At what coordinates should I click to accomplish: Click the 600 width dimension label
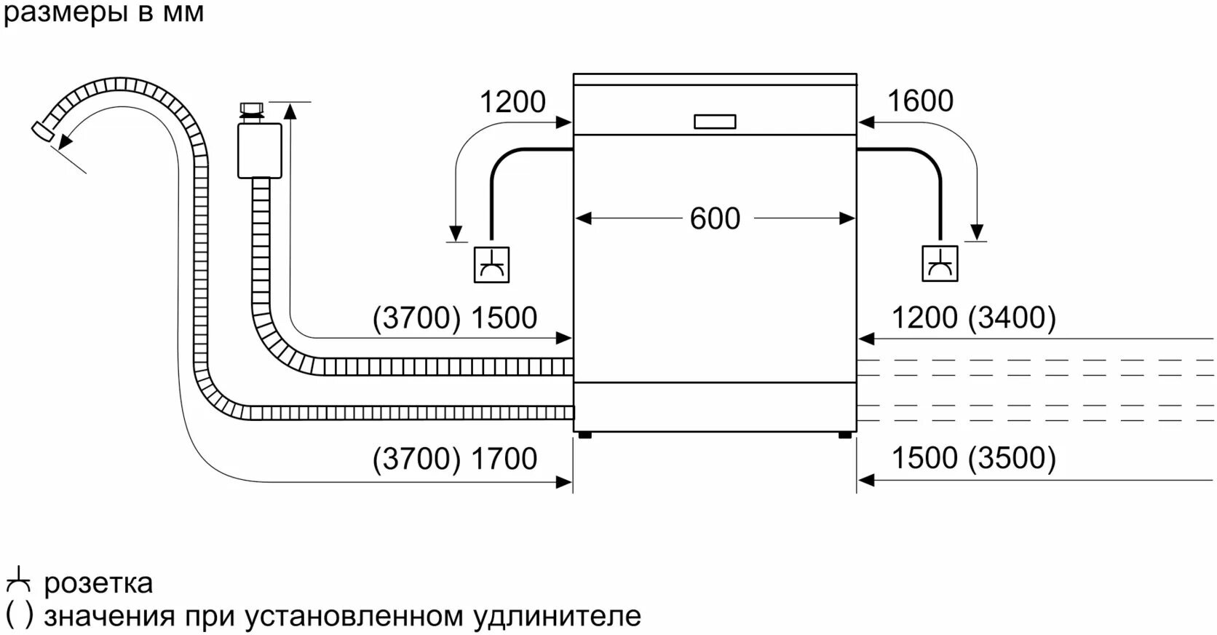[x=715, y=218]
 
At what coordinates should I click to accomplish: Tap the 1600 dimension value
[x=920, y=101]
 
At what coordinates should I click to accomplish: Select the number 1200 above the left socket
[x=512, y=102]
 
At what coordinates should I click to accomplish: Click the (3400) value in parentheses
[x=1013, y=317]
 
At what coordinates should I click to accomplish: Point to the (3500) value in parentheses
[x=1013, y=458]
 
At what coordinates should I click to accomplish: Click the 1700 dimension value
[x=504, y=459]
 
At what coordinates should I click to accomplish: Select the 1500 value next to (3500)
[x=924, y=458]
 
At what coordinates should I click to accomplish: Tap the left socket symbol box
[x=491, y=264]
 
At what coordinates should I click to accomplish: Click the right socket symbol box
[x=940, y=264]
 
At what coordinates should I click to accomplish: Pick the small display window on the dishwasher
[x=715, y=122]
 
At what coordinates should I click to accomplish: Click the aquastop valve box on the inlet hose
[x=259, y=150]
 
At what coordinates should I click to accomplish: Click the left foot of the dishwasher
[x=583, y=435]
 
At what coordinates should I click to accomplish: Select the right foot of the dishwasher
[x=844, y=435]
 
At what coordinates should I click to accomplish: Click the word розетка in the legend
[x=98, y=583]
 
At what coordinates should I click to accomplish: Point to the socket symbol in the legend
[x=18, y=582]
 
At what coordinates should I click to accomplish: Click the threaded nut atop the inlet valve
[x=252, y=111]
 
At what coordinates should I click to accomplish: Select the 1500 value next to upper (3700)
[x=504, y=318]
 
